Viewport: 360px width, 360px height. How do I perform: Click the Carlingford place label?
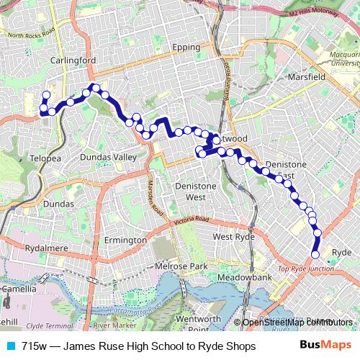(x=72, y=61)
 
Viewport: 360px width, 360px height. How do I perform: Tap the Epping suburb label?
(x=186, y=48)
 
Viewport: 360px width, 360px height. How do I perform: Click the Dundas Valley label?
(x=108, y=157)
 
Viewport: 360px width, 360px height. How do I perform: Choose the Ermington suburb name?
(x=125, y=240)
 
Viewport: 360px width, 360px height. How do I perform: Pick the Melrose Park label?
(x=181, y=266)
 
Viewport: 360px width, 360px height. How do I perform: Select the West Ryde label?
(x=233, y=236)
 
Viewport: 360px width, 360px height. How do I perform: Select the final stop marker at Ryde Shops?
(x=315, y=254)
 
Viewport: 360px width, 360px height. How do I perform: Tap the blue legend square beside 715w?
(x=9, y=346)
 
